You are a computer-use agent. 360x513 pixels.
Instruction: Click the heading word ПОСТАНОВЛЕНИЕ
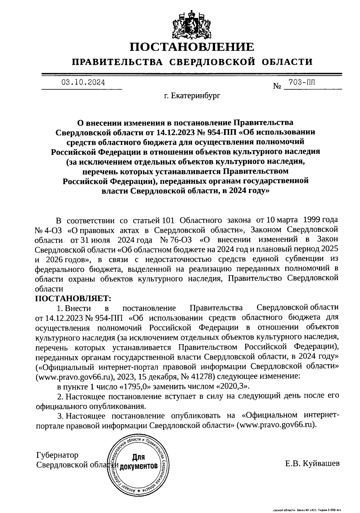click(x=192, y=47)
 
